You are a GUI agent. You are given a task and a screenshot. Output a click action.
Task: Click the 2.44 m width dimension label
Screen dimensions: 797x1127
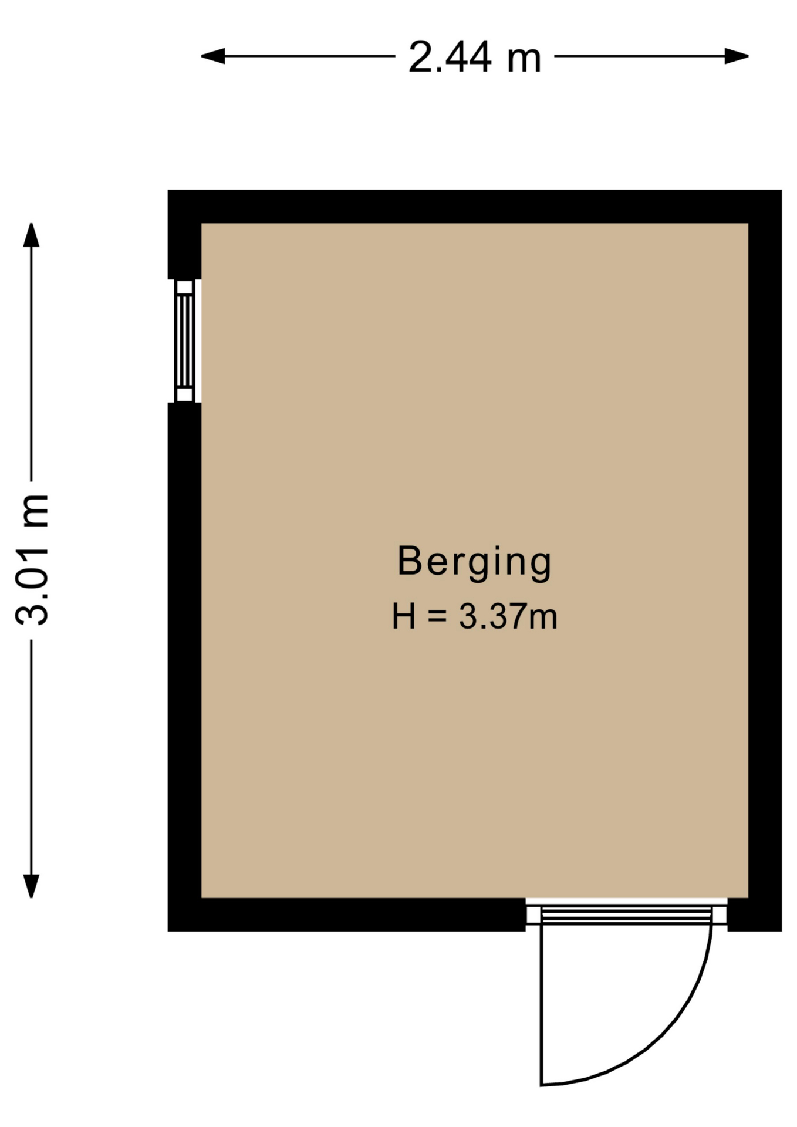coord(474,58)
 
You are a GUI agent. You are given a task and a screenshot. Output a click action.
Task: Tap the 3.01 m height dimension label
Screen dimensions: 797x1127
coord(32,560)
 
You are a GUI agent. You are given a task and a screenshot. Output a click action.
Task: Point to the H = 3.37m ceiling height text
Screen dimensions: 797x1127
coord(474,616)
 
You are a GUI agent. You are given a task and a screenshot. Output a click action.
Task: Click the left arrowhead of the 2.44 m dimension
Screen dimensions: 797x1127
coord(212,56)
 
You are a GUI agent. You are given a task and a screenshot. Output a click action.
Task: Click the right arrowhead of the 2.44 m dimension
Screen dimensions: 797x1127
coord(737,56)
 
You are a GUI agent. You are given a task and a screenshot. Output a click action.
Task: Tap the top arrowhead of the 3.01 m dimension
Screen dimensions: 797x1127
coord(31,235)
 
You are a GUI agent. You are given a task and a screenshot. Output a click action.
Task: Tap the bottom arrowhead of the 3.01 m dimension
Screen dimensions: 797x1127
coord(31,886)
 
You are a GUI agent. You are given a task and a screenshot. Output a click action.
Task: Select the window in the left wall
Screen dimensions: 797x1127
coord(185,341)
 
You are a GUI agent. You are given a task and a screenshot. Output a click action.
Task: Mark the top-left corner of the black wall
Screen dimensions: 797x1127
coord(168,190)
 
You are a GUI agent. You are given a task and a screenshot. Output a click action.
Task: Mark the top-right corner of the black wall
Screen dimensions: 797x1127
coord(781,190)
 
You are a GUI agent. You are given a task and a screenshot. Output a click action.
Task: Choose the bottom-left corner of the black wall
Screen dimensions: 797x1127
coord(168,931)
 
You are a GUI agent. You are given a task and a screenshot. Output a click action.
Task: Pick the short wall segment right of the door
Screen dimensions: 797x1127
coord(755,915)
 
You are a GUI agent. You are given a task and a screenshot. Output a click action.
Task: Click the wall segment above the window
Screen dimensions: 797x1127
coord(185,235)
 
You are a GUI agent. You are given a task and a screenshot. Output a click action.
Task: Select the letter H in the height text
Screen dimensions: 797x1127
coord(404,616)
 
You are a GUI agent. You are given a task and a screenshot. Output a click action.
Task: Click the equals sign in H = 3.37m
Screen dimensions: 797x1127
coord(438,617)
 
